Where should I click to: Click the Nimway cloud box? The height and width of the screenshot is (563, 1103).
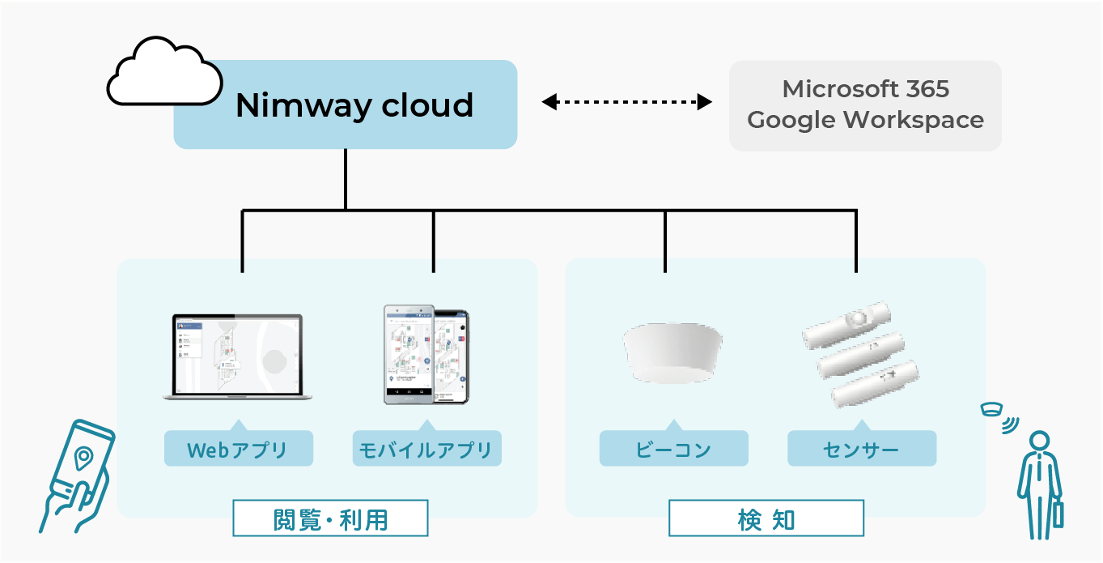[x=346, y=105]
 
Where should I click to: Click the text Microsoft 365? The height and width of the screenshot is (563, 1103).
[x=865, y=88]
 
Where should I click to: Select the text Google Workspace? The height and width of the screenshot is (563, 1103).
[x=865, y=120]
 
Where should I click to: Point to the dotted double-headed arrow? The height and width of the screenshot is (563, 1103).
[x=626, y=102]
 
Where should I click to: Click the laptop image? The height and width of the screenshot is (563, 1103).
[x=232, y=356]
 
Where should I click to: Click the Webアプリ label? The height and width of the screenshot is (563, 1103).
[x=238, y=450]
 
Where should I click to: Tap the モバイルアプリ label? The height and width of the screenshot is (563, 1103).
[x=426, y=450]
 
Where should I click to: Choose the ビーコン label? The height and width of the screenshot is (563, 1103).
[x=673, y=450]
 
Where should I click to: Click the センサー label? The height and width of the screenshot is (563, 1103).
[x=862, y=450]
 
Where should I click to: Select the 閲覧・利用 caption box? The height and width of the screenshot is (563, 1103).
[x=330, y=518]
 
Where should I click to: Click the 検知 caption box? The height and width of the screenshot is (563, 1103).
[x=766, y=518]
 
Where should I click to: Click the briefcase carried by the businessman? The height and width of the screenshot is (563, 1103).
[x=1057, y=514]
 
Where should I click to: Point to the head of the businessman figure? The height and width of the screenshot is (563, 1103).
[x=1039, y=441]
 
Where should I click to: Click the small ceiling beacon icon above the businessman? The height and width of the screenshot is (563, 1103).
[x=991, y=409]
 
